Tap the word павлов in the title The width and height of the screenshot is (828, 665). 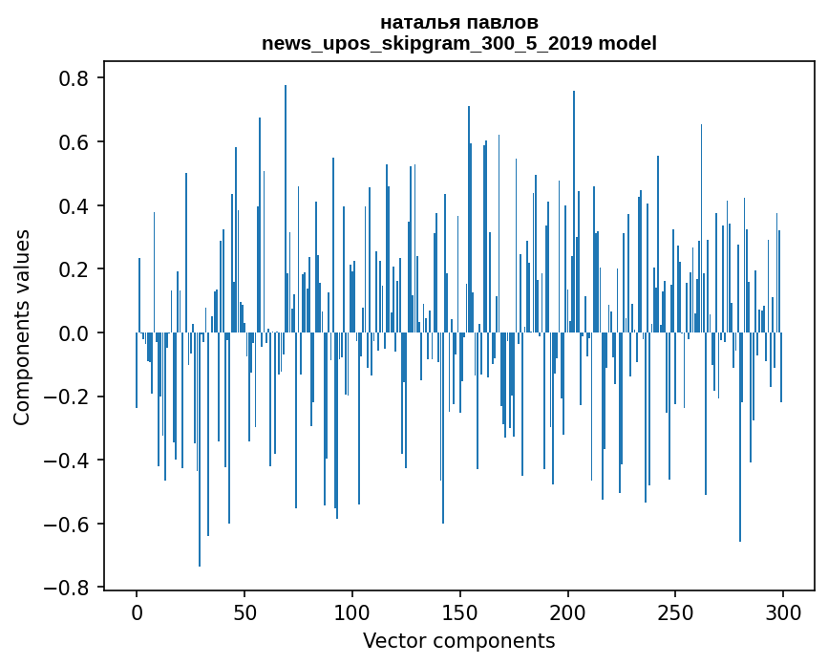coord(506,22)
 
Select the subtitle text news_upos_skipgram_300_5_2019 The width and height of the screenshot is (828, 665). coord(430,43)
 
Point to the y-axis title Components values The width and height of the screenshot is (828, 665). coord(22,327)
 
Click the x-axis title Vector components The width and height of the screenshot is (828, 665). coord(458,640)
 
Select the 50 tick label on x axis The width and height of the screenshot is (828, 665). coord(244,611)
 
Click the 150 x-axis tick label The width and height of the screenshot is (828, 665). coord(460,611)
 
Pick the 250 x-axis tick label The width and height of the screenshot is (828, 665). coord(675,611)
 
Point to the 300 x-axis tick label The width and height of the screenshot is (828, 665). coord(783,611)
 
